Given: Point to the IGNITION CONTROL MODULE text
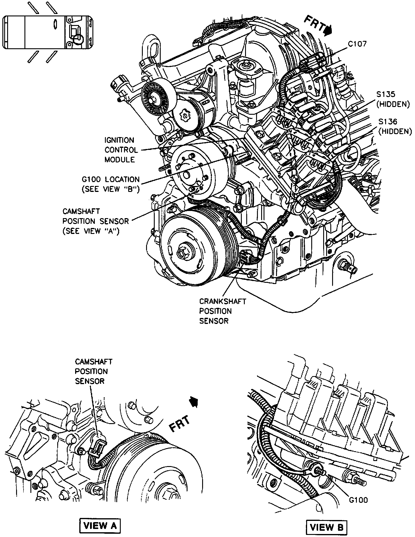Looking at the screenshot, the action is pyautogui.click(x=121, y=150).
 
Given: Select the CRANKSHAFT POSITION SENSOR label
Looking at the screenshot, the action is pyautogui.click(x=222, y=311).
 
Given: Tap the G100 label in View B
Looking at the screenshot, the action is pyautogui.click(x=358, y=500).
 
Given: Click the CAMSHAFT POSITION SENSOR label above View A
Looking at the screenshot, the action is pyautogui.click(x=94, y=371).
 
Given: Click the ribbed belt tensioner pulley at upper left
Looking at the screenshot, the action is pyautogui.click(x=156, y=97).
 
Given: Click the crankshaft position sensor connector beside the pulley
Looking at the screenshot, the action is pyautogui.click(x=246, y=257).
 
